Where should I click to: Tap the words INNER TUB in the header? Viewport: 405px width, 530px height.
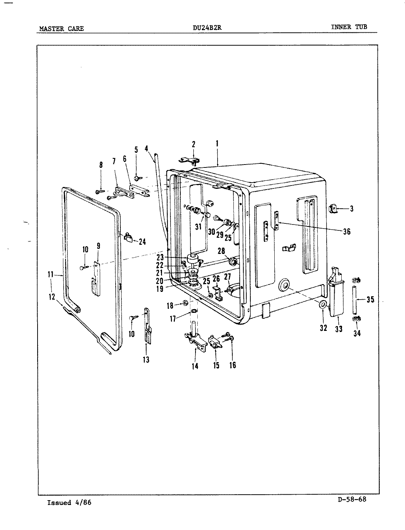coord(349,27)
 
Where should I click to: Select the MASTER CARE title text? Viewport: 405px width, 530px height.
coord(61,28)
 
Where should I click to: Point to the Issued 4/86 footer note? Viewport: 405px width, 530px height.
coord(69,503)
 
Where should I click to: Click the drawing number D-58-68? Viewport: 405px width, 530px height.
coord(352,499)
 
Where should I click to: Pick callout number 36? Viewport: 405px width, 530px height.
coord(346,232)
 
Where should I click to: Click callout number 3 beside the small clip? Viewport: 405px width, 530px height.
coord(352,209)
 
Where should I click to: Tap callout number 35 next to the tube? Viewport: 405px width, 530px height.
coord(370,300)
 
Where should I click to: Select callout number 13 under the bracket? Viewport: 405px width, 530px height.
coord(146,360)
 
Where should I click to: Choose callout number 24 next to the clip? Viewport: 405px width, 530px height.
coord(142,242)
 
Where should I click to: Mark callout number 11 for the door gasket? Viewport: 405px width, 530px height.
coord(51,274)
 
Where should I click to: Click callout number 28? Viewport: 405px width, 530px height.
coord(221,251)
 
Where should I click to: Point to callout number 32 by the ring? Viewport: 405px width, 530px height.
coord(323,328)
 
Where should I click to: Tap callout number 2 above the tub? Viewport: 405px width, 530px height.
coord(193,144)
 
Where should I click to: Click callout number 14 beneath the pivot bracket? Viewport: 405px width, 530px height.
coord(195,366)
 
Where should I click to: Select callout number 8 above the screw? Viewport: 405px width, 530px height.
coord(101,165)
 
